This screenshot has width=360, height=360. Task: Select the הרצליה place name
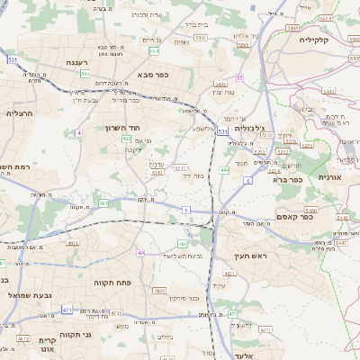click(19, 113)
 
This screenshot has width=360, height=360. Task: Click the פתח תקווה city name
click(113, 282)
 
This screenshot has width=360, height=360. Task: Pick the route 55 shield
click(239, 77)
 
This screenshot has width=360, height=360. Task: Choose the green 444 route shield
click(223, 168)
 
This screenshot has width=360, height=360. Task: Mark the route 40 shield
click(140, 253)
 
